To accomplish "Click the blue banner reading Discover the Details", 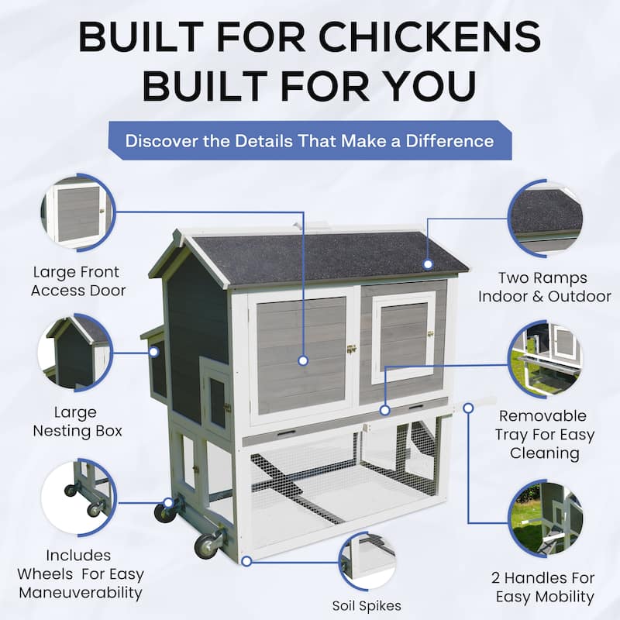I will [x=309, y=141].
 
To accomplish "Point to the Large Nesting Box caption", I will [x=77, y=422].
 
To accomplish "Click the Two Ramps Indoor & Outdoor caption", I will [x=544, y=287].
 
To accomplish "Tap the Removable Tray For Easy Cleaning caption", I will [x=542, y=435].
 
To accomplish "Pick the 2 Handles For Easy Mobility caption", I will [x=542, y=587].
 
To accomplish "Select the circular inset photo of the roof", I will [x=546, y=217].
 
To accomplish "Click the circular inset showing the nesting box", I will [x=77, y=353].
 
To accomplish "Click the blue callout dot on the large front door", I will [x=303, y=360].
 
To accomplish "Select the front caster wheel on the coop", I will [x=208, y=545].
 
